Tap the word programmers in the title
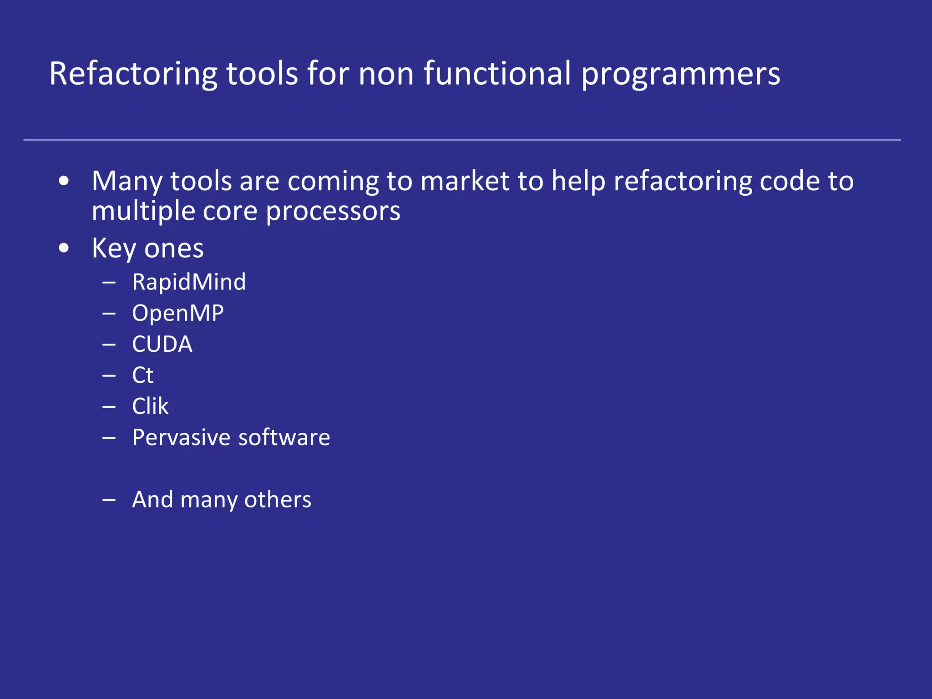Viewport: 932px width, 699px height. [x=681, y=74]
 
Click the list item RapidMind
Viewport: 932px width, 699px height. [x=189, y=282]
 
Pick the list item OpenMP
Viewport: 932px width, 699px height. [x=178, y=313]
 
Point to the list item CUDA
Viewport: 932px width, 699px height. [x=162, y=344]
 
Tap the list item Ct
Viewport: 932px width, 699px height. [x=142, y=375]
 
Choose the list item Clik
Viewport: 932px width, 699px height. [x=150, y=406]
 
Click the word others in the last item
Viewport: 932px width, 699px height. [x=278, y=500]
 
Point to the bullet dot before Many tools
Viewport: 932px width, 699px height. [x=64, y=181]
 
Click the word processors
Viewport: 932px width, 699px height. [x=333, y=211]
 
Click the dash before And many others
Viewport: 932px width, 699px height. [x=109, y=500]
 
